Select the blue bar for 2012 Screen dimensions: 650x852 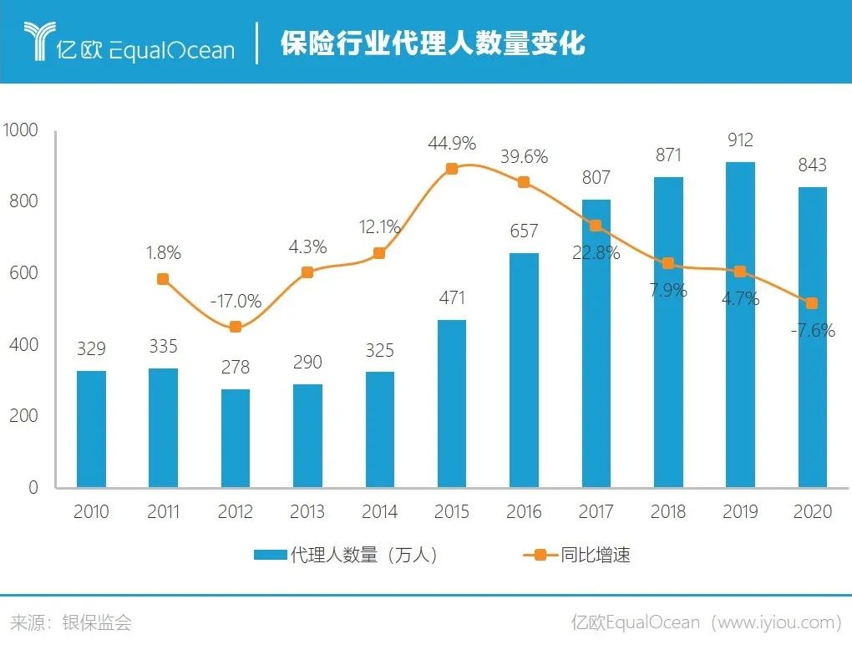[x=236, y=438]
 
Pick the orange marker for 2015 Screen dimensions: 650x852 [x=451, y=169]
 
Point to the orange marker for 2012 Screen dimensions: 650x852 [x=236, y=327]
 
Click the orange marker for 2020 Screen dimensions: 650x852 [x=812, y=303]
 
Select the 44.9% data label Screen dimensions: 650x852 [x=452, y=143]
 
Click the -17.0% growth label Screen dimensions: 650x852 [x=236, y=301]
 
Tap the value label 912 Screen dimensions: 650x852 [x=740, y=140]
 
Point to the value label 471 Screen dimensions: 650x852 [x=452, y=297]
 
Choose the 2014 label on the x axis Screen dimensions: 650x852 [x=380, y=511]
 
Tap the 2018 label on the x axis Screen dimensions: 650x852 [x=668, y=511]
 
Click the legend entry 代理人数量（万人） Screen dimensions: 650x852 [x=346, y=555]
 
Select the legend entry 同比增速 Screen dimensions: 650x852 [x=576, y=555]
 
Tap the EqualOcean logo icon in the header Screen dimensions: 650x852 [x=38, y=43]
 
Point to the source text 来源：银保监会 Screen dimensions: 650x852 [x=71, y=622]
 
